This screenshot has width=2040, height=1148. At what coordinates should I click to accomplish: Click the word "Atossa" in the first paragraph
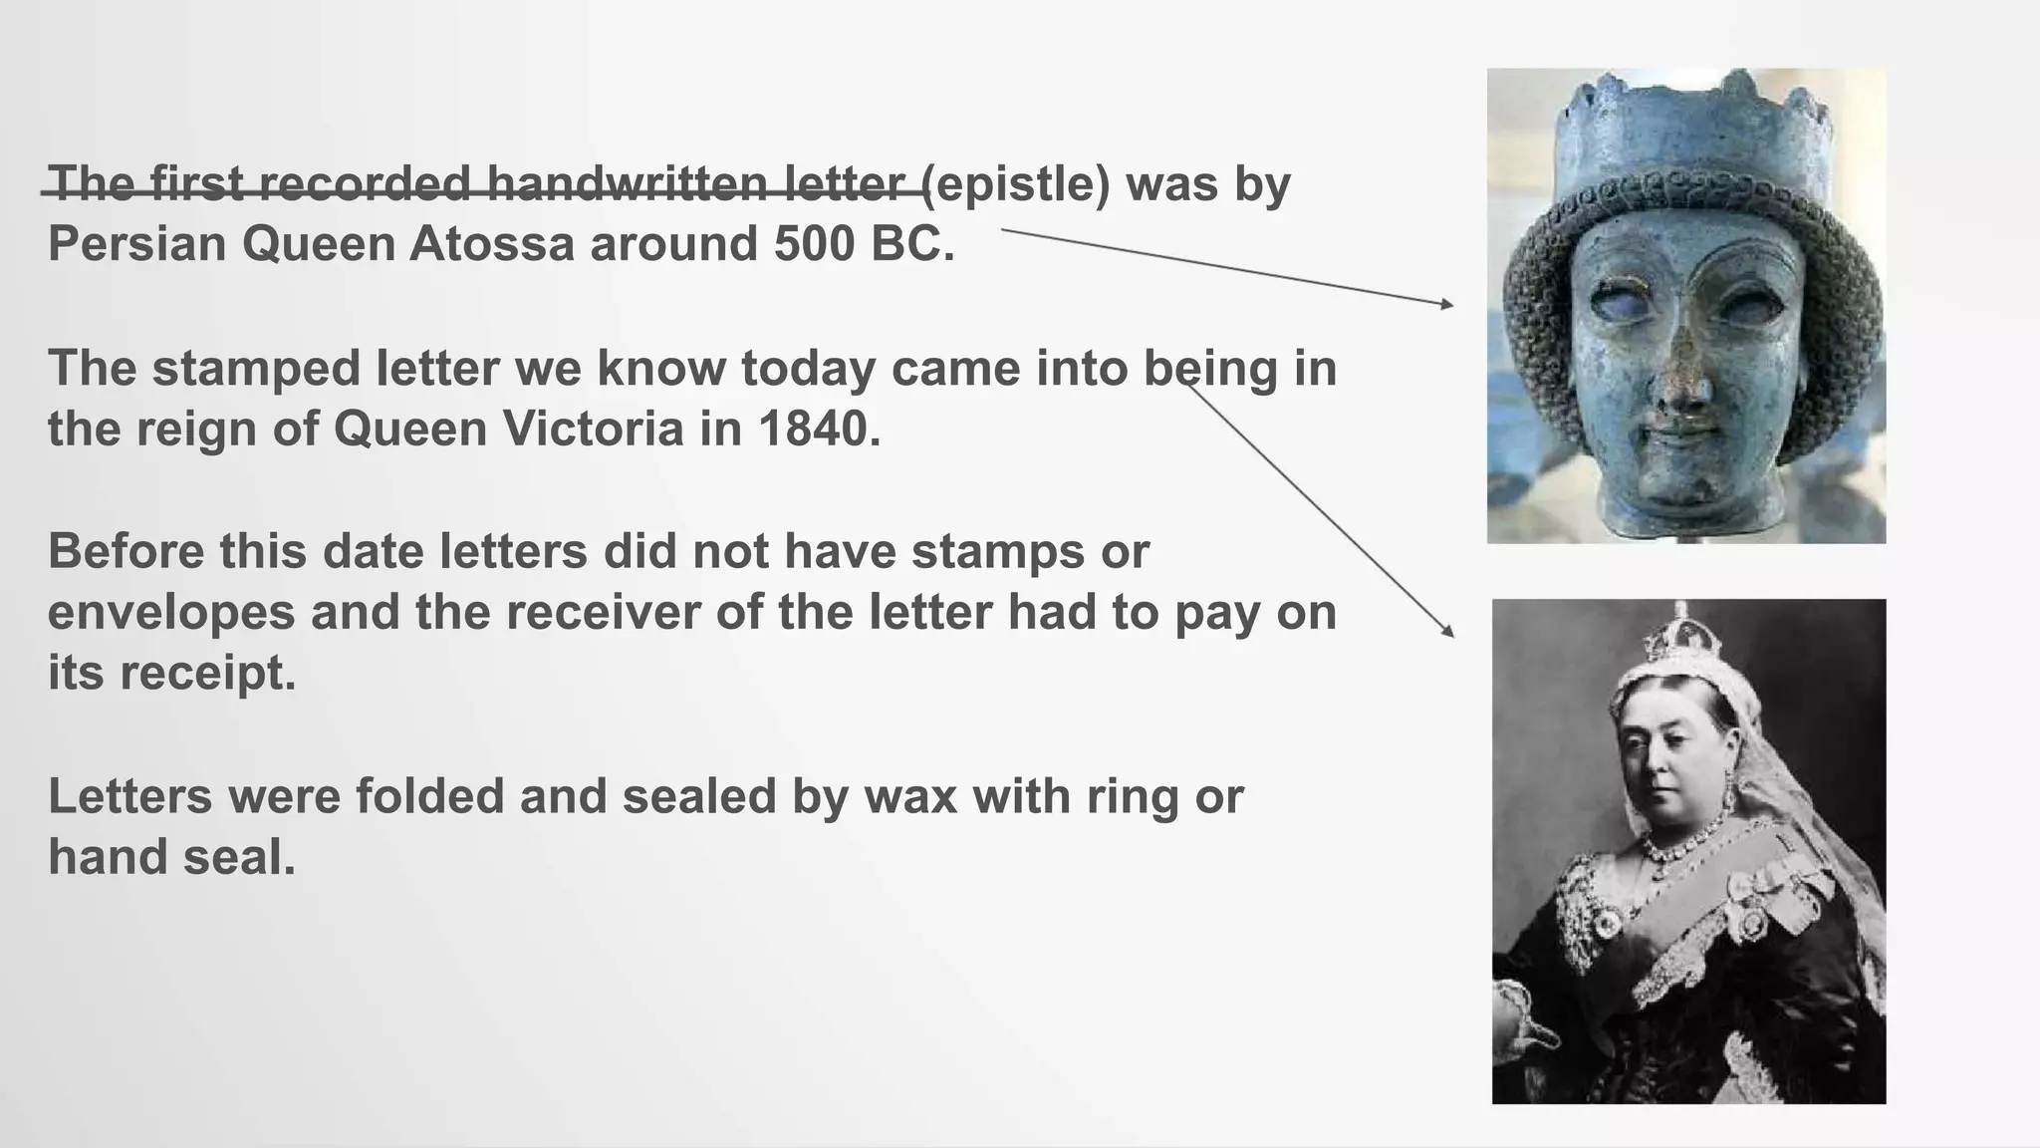point(492,244)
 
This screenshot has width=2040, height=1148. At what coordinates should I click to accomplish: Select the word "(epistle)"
point(1015,184)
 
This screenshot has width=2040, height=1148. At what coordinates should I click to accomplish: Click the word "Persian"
point(137,244)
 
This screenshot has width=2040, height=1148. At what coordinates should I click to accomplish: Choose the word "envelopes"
point(171,612)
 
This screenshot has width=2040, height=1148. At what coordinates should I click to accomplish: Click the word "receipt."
point(208,674)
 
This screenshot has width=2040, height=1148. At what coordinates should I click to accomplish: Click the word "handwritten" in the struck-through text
point(627,184)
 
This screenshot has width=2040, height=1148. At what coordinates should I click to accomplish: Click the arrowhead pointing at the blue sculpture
point(1447,304)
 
